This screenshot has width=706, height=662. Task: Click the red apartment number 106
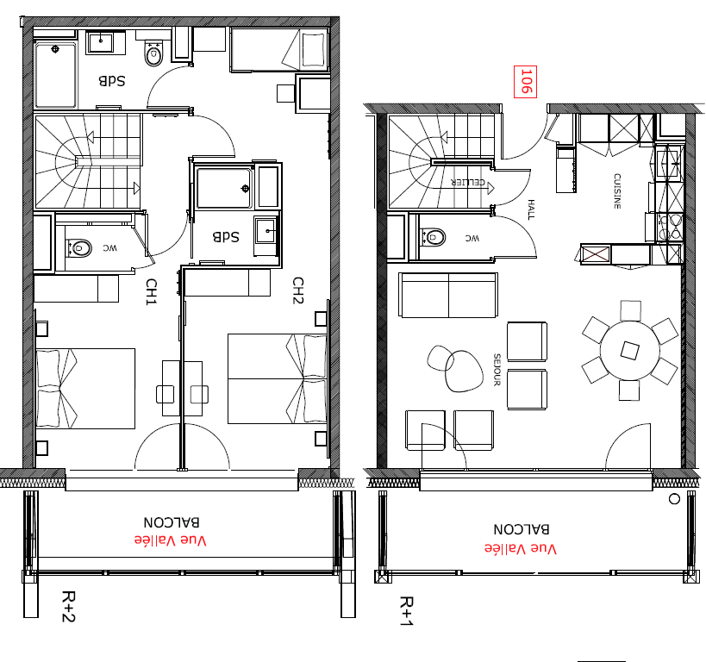(526, 81)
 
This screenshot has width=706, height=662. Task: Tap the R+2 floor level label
(68, 607)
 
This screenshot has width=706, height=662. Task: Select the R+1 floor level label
(406, 611)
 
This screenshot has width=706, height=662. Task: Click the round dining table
(630, 350)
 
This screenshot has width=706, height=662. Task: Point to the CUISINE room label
(617, 191)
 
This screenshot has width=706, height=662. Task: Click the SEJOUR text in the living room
(497, 370)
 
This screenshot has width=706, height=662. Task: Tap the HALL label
(531, 209)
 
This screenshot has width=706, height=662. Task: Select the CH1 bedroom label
(152, 292)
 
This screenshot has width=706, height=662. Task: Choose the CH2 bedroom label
(298, 290)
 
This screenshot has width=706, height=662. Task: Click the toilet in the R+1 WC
(433, 237)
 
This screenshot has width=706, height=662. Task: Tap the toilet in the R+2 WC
(79, 248)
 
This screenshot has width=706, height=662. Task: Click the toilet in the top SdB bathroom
(153, 53)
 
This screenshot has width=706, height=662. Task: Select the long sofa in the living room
(448, 295)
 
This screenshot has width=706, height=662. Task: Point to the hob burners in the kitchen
(669, 227)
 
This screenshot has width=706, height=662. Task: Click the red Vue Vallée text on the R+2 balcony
(170, 540)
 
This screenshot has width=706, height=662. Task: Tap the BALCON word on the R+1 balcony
(522, 529)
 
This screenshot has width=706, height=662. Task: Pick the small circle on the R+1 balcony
(674, 499)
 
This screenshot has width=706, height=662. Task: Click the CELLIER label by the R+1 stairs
(468, 183)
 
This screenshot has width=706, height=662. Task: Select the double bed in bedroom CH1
(85, 388)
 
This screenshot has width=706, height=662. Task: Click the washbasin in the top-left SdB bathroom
(100, 42)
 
